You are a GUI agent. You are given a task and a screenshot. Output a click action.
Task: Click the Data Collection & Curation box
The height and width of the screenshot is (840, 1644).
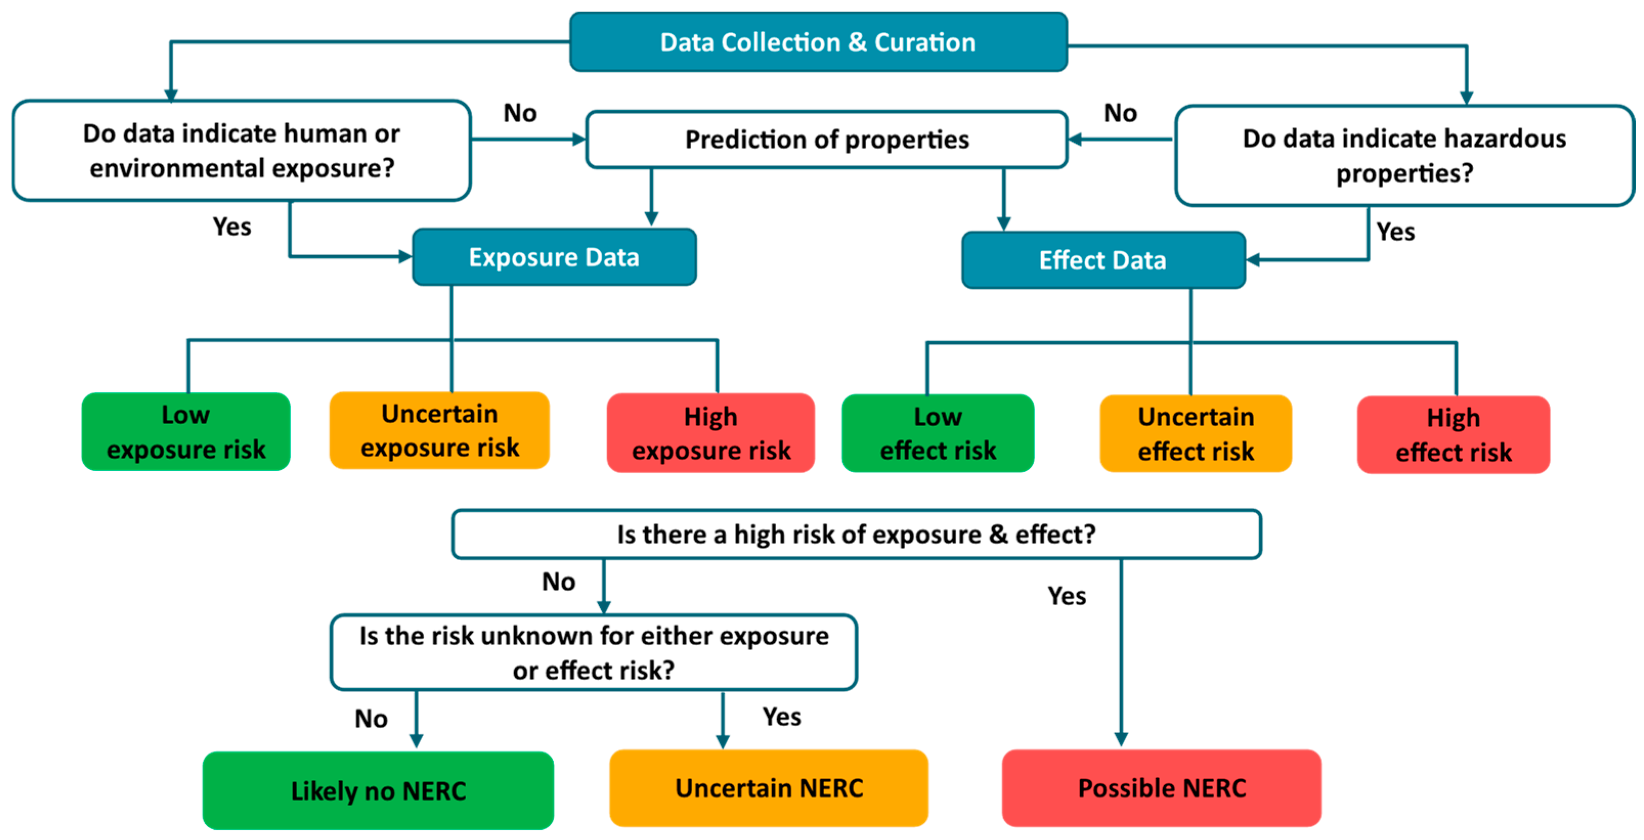818,42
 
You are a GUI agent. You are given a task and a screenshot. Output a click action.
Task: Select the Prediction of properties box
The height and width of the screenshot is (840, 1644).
826,140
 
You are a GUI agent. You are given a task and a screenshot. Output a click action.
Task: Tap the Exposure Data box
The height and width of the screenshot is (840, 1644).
554,257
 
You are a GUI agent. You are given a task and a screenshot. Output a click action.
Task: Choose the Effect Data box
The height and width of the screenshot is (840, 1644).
1103,260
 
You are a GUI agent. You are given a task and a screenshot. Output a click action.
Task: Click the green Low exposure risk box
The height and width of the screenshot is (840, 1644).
186,432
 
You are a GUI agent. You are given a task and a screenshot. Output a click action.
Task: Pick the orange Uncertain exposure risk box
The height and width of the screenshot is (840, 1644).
440,431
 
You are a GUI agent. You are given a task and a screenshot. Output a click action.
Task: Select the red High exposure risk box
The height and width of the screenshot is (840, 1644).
710,433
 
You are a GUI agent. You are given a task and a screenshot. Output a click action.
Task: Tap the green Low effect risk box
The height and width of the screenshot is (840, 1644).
937,433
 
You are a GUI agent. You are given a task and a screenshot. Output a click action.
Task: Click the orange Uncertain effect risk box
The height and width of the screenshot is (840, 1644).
1195,434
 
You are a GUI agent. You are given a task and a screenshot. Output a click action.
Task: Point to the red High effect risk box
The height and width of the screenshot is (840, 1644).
1453,435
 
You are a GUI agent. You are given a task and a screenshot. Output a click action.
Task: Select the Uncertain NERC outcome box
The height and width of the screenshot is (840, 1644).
769,788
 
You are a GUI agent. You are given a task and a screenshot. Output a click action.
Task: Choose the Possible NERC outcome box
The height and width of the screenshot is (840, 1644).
1161,788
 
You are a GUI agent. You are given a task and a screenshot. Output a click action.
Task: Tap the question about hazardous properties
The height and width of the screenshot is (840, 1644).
1404,156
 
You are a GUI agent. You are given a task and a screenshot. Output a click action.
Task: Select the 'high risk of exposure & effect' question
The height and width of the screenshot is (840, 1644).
856,534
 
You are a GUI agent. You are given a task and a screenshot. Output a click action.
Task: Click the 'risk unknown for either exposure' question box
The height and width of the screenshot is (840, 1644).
594,653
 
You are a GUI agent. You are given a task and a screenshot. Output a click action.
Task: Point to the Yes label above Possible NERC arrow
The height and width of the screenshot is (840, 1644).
1066,596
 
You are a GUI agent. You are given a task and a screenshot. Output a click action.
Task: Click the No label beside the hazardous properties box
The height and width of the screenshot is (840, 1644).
1120,114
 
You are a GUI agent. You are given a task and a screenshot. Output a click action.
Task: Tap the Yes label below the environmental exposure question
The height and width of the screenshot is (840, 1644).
232,227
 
